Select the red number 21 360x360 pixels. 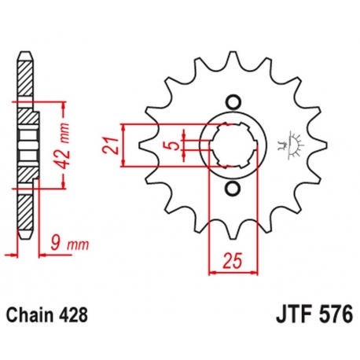(113, 145)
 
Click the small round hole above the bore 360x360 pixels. (232, 101)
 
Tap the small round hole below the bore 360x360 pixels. (232, 191)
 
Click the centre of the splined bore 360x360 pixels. (232, 145)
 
